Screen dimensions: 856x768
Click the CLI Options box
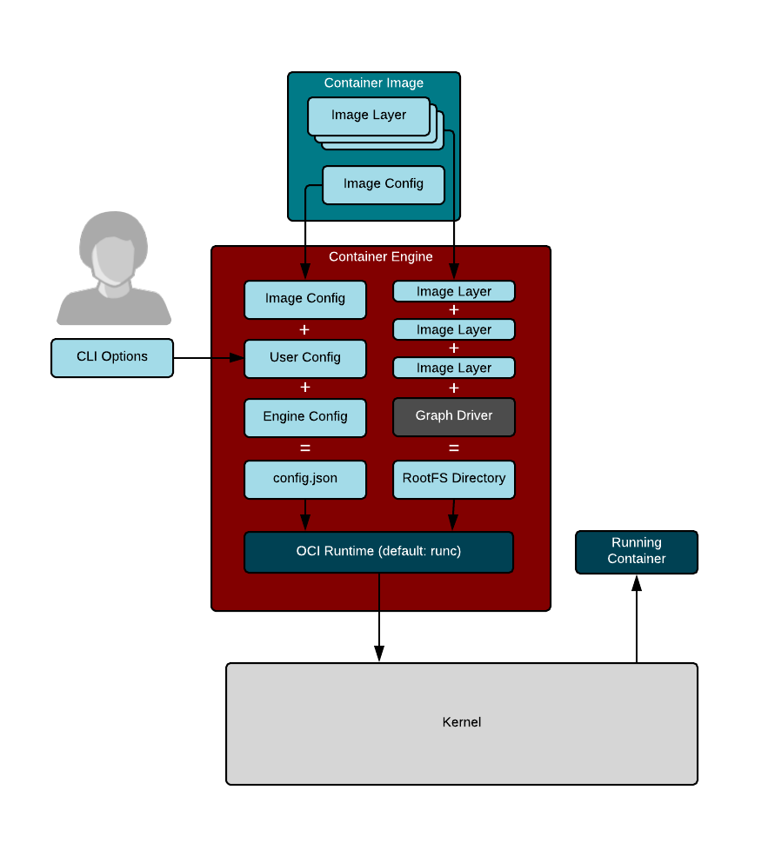point(112,357)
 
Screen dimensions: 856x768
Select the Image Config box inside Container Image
point(383,184)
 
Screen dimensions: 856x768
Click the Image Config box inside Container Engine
point(305,299)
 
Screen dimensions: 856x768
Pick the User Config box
point(305,358)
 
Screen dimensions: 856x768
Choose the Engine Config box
point(305,417)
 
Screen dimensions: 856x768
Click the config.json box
point(305,479)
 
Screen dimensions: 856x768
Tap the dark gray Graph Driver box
point(454,416)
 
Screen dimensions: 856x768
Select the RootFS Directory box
point(454,479)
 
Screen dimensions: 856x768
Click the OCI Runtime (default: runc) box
point(378,552)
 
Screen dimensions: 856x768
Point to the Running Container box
point(637,552)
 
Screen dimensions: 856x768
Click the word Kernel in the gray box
point(462,722)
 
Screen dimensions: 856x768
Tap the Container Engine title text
point(381,257)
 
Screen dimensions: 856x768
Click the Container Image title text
point(374,83)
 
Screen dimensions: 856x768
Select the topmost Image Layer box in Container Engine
point(454,291)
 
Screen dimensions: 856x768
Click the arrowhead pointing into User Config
point(237,357)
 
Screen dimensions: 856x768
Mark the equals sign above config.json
point(305,448)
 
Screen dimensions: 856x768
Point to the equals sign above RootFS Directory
point(454,448)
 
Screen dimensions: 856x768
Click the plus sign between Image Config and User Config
point(304,329)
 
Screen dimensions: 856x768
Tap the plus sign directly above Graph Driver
point(454,388)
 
